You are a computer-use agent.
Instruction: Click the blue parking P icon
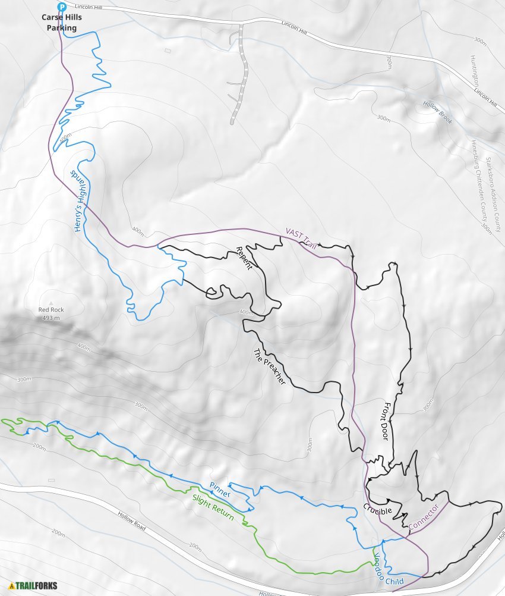[x=61, y=7]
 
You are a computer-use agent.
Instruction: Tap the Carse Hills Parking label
[x=62, y=23]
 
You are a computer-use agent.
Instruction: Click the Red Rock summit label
[x=51, y=310]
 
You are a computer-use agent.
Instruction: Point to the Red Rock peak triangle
[x=51, y=302]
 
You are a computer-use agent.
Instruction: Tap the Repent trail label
[x=244, y=258]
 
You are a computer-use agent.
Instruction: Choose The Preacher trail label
[x=270, y=366]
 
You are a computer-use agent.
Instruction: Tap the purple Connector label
[x=424, y=517]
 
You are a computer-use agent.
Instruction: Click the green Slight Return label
[x=213, y=509]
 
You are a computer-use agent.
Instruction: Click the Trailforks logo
[x=33, y=586]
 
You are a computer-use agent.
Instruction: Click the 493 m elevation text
[x=51, y=318]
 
